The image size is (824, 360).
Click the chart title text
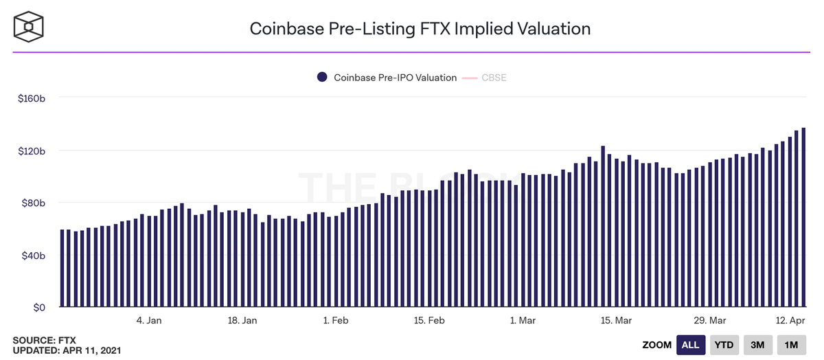420,29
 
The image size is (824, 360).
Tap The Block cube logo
30,27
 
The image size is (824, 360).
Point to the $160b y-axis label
32,98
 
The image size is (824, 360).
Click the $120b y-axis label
32,150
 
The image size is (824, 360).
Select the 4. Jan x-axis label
149,320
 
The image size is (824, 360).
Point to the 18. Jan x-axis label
242,320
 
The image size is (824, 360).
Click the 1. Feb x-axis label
335,320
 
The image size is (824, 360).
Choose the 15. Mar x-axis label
616,320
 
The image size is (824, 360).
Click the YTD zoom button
723,345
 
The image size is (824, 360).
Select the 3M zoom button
757,345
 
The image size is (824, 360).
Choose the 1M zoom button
791,345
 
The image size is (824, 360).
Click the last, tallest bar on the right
803,217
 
